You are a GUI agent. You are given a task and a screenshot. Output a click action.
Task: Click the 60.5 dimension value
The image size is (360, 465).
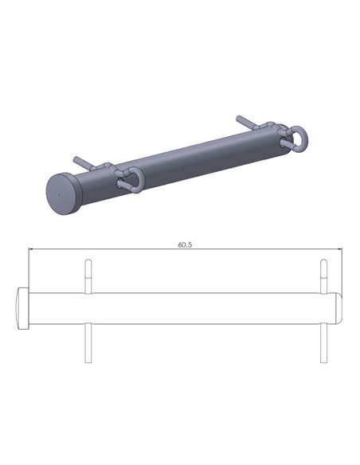[x=184, y=244]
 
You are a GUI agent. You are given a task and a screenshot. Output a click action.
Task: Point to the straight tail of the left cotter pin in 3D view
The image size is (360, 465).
[x=84, y=162]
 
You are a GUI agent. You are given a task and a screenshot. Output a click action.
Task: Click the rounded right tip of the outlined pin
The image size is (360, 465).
[x=338, y=308]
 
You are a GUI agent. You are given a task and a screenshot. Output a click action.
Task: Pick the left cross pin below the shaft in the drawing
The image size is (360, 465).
[x=87, y=342]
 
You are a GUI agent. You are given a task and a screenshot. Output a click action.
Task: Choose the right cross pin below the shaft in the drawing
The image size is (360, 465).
[x=323, y=342]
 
